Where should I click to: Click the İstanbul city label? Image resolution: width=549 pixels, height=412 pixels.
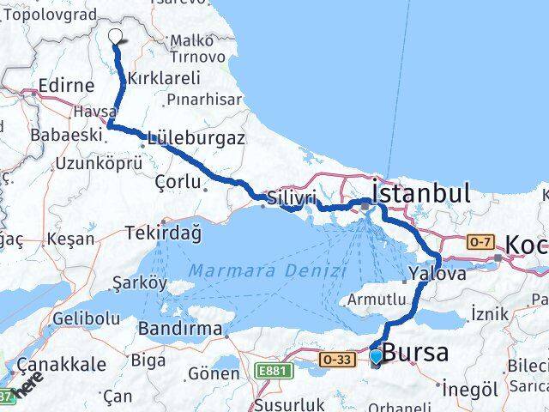click(421, 192)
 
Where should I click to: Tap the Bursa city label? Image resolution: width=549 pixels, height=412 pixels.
click(414, 353)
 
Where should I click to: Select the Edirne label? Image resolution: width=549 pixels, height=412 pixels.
click(66, 87)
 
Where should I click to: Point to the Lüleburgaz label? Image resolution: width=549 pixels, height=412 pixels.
click(196, 137)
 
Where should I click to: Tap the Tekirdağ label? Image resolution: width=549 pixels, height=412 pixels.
click(162, 233)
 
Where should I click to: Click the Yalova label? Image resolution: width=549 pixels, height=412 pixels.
click(437, 274)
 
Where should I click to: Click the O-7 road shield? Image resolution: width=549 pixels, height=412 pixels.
click(478, 243)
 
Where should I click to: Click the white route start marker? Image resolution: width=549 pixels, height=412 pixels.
click(117, 36)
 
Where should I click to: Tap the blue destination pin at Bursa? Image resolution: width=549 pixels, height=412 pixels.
click(376, 356)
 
